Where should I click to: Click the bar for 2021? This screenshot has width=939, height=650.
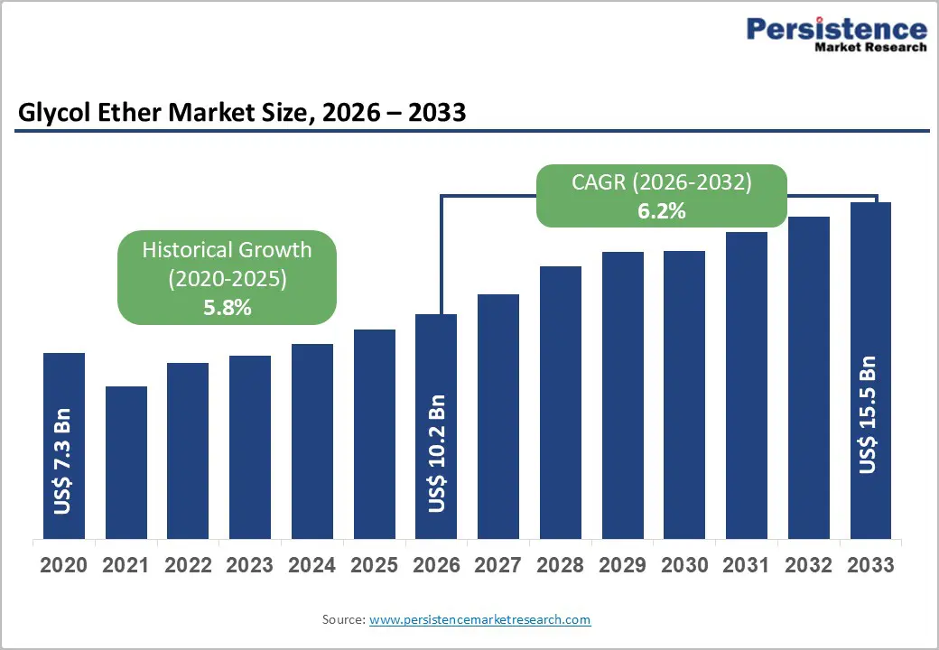(126, 462)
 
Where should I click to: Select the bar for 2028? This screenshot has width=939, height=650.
(560, 403)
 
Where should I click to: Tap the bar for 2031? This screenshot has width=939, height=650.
(746, 385)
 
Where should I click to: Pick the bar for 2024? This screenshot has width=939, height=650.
(312, 441)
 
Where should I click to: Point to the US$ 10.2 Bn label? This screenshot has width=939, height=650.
(437, 453)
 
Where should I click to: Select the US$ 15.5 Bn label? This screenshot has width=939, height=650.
(868, 414)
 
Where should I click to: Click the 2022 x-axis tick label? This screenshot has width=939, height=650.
(188, 566)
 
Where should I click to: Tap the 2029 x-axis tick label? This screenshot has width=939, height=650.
(622, 566)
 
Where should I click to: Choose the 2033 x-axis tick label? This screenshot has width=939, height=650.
(870, 566)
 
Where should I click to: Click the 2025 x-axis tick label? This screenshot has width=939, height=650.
(374, 566)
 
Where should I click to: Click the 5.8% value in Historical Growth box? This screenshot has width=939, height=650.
(227, 308)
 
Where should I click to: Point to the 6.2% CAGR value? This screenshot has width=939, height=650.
(661, 211)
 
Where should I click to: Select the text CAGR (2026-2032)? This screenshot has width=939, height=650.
(661, 182)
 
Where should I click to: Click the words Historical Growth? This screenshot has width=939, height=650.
(227, 250)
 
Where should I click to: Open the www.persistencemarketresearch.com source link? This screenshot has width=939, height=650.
(479, 619)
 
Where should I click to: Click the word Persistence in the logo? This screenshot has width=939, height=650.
(836, 29)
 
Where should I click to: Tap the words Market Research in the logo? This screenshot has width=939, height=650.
(870, 47)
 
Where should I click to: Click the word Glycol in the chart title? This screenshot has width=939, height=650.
(52, 113)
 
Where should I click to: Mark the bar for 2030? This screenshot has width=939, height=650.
(684, 395)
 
